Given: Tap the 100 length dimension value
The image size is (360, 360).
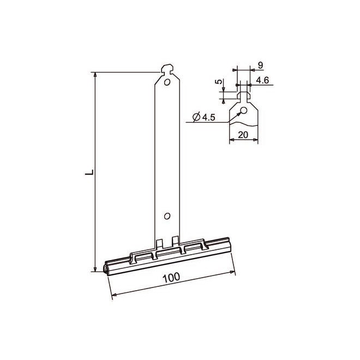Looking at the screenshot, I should coord(171,278).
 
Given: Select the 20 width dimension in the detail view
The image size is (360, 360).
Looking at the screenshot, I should coord(243,134).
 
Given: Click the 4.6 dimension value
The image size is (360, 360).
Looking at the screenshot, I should coord(262,80).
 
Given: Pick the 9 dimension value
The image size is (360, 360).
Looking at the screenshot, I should coord(260,65).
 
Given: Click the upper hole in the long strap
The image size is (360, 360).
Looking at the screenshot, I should coord(167,83).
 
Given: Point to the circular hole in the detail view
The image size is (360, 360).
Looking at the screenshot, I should coord(244,111).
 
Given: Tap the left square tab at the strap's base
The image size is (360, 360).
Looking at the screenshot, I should coord(159,242).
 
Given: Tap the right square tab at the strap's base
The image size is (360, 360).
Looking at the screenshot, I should coord(175,241).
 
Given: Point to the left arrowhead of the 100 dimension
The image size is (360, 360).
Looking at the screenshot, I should coord(113,297).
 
